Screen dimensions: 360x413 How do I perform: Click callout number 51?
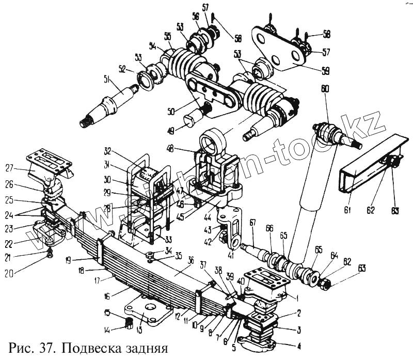pos(107,80)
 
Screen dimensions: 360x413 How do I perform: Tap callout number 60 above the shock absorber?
pos(324,89)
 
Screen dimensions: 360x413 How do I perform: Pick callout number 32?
pos(107,152)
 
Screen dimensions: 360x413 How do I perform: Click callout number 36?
pos(190,261)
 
